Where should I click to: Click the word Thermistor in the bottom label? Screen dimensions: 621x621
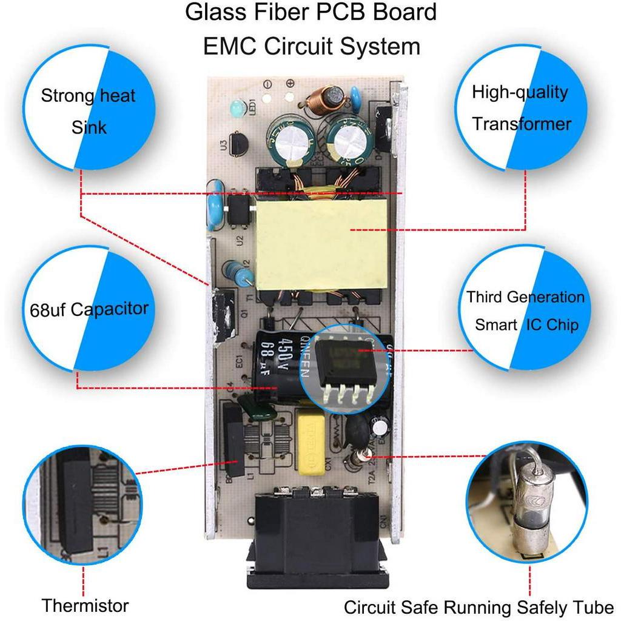click(85, 605)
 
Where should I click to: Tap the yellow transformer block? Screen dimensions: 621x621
click(321, 243)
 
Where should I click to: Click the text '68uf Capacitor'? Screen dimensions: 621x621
click(89, 309)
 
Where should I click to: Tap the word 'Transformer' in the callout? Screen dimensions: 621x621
click(522, 124)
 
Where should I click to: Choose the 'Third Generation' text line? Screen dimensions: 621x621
click(525, 297)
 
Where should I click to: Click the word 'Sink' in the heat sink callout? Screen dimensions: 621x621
click(89, 127)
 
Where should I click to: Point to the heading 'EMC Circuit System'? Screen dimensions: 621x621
click(311, 46)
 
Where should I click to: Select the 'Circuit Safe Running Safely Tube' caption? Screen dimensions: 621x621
click(479, 607)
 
